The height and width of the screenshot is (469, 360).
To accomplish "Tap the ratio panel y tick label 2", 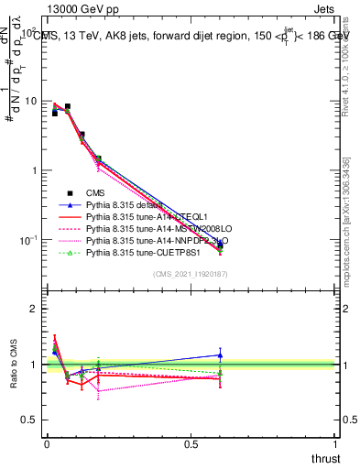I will (x=33, y=310).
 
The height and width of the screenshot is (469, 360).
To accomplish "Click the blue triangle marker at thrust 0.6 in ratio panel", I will (x=220, y=354).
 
